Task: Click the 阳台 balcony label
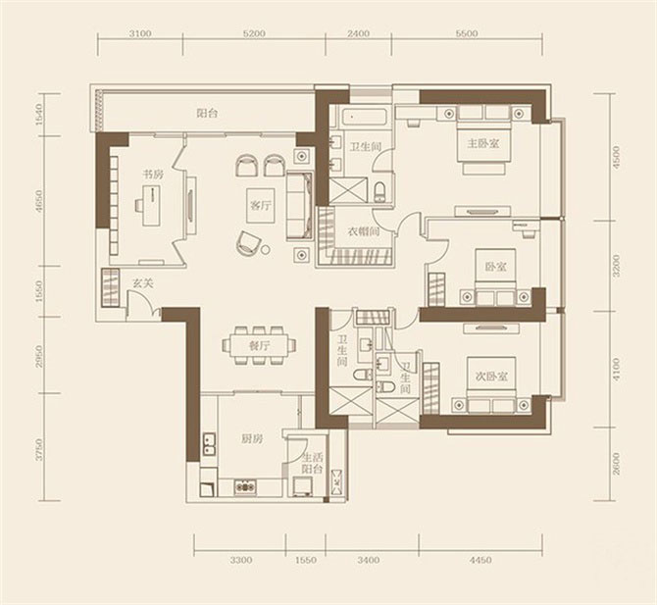tap(208, 113)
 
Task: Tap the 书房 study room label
tap(153, 175)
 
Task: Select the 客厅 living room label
tap(260, 206)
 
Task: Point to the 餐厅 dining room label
tap(260, 346)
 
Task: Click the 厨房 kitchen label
tap(252, 438)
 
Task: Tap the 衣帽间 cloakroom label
tap(364, 230)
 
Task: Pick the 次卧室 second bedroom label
tap(491, 377)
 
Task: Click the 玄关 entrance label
tap(143, 283)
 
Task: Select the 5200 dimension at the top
tap(254, 34)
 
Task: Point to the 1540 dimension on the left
tap(40, 115)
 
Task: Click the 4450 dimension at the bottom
tap(480, 560)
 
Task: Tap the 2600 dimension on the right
tap(616, 464)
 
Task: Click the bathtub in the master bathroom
tap(364, 117)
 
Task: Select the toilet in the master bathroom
tap(379, 192)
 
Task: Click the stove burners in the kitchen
tap(244, 487)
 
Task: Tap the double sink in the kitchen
tap(209, 444)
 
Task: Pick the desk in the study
tap(151, 205)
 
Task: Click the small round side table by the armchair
tap(265, 250)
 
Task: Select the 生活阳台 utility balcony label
tap(313, 463)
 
